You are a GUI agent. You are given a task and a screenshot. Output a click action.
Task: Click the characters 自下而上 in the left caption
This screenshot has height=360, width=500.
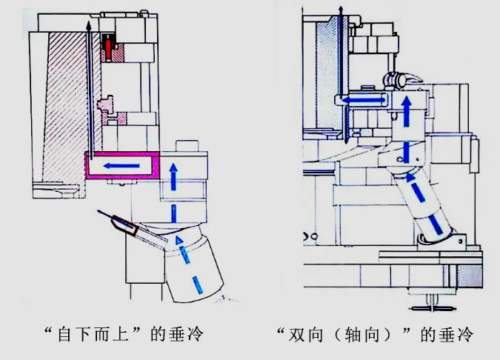click(99, 334)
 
